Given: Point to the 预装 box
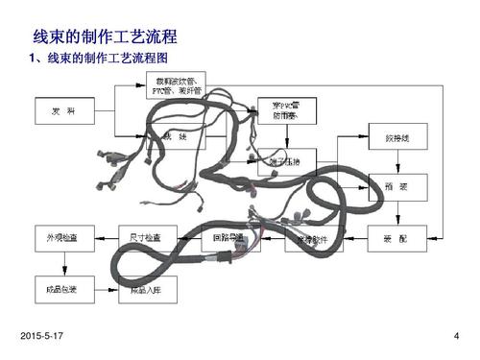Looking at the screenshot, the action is tap(396, 187).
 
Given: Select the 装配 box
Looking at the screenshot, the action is tap(396, 235).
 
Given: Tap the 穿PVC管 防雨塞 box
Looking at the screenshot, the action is tap(286, 110).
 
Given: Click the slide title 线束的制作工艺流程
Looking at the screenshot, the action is tap(106, 39).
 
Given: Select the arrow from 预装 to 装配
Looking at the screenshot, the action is tap(396, 211).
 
